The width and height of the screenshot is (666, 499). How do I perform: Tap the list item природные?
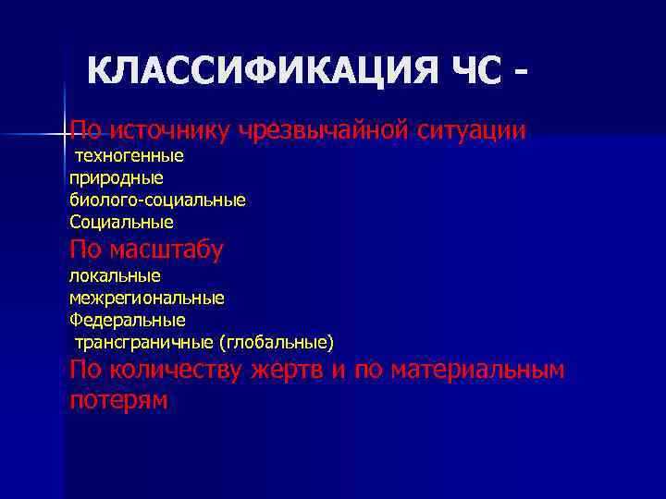point(116,176)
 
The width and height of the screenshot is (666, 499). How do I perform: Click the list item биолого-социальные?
point(157,200)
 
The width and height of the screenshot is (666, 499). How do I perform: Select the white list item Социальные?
point(121,222)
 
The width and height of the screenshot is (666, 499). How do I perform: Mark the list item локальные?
point(115,275)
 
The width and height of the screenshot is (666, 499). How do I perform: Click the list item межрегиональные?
point(146,298)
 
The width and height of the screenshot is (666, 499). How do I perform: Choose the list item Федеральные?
point(127,320)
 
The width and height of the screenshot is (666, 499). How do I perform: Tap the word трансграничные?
point(143,343)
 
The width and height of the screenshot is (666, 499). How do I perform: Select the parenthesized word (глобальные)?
point(276,343)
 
